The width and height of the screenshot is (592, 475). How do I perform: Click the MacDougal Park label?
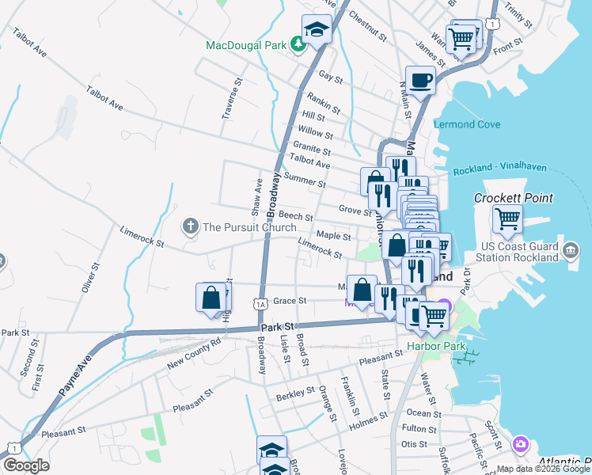(245, 45)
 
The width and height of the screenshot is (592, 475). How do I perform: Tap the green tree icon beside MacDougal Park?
(298, 44)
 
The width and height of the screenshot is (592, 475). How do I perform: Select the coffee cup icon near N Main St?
(420, 79)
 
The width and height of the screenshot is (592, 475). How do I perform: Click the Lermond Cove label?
(466, 124)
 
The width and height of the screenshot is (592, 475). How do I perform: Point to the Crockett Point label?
(513, 198)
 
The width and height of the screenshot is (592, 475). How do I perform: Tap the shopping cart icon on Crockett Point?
(507, 217)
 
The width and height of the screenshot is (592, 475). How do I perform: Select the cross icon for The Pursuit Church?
(190, 227)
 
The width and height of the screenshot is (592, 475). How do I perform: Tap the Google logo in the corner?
(25, 465)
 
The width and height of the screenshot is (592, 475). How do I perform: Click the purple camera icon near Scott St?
(520, 444)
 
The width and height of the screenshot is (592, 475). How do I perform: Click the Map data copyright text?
(543, 469)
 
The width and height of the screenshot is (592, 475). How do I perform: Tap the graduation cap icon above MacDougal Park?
(317, 30)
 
